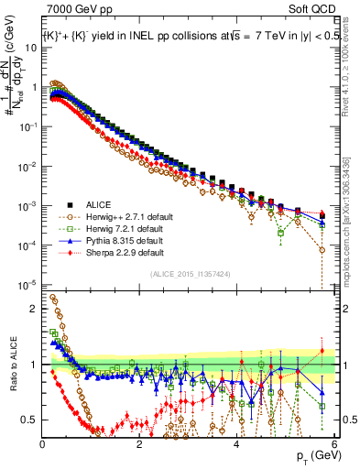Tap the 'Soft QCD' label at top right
pyautogui.click(x=311, y=9)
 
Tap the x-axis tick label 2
pyautogui.click(x=139, y=443)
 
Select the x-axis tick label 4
pyautogui.click(x=236, y=443)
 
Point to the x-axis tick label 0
pyautogui.click(x=43, y=443)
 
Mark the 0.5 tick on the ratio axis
pyautogui.click(x=31, y=420)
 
